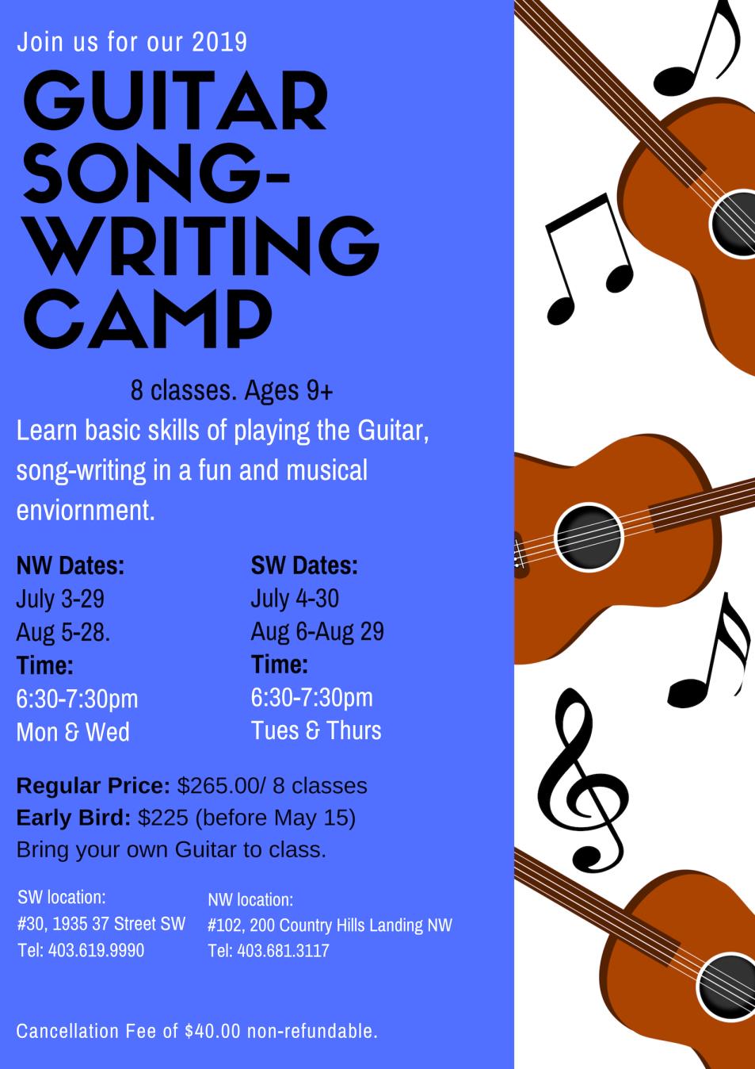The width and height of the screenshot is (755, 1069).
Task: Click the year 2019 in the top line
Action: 219,41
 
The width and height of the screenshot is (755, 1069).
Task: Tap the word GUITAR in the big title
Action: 175,101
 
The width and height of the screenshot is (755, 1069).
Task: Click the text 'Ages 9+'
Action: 289,391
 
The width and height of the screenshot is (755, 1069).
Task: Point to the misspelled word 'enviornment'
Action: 86,510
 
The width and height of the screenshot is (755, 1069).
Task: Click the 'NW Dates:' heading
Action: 71,565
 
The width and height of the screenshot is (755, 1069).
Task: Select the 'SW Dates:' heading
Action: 304,565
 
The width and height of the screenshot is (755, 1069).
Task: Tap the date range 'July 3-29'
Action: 60,599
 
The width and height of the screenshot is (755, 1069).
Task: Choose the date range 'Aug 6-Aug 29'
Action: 318,631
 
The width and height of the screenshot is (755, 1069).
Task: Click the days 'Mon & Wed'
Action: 73,732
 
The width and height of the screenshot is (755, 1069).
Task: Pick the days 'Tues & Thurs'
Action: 316,730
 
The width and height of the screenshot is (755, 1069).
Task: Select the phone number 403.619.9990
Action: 97,950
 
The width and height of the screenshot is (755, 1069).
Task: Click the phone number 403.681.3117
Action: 283,951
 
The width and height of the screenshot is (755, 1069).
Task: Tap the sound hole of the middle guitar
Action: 589,535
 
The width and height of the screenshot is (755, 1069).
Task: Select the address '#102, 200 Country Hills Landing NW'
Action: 330,925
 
